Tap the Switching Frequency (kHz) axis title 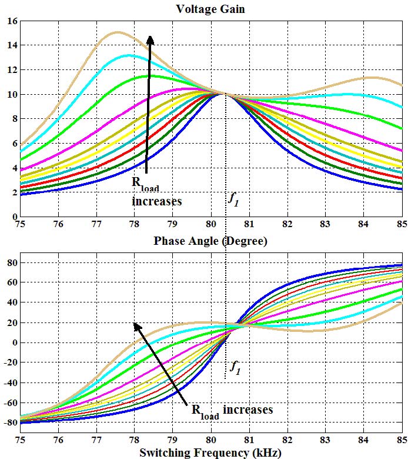point(210,452)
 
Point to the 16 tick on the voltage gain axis point(12,21)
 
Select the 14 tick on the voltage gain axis point(12,45)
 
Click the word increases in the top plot point(156,201)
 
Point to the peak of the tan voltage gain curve point(118,32)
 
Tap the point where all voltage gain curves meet point(224,94)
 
